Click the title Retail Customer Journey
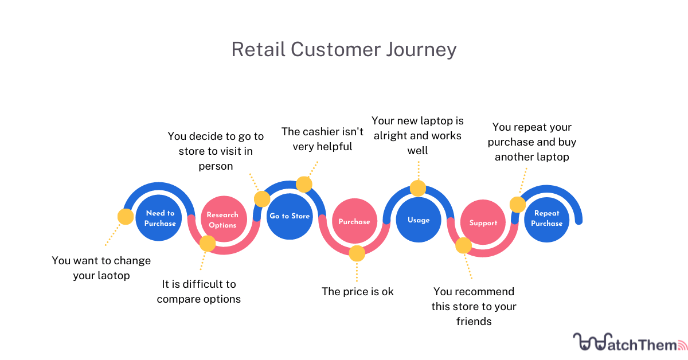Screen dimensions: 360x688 point(344,49)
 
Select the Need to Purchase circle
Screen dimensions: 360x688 point(159,218)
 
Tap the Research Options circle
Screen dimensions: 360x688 point(222,220)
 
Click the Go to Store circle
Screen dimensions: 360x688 point(290,216)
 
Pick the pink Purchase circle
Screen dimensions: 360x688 point(354,221)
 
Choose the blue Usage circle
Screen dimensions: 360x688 point(419,220)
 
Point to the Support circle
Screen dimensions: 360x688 point(483,222)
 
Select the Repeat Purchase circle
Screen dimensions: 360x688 point(546,218)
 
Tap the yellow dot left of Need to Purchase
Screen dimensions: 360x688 point(125,216)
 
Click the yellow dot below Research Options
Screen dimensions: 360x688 point(207,244)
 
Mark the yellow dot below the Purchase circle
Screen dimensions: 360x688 point(357,253)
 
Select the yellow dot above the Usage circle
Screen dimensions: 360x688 point(418,188)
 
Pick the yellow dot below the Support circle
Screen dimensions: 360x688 point(463,246)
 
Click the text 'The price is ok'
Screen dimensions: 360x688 point(357,291)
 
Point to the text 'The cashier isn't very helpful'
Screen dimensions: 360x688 point(322,139)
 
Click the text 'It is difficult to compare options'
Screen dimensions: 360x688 point(198,291)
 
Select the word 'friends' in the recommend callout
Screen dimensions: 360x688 point(474,322)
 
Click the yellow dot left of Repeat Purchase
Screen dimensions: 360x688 point(518,205)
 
